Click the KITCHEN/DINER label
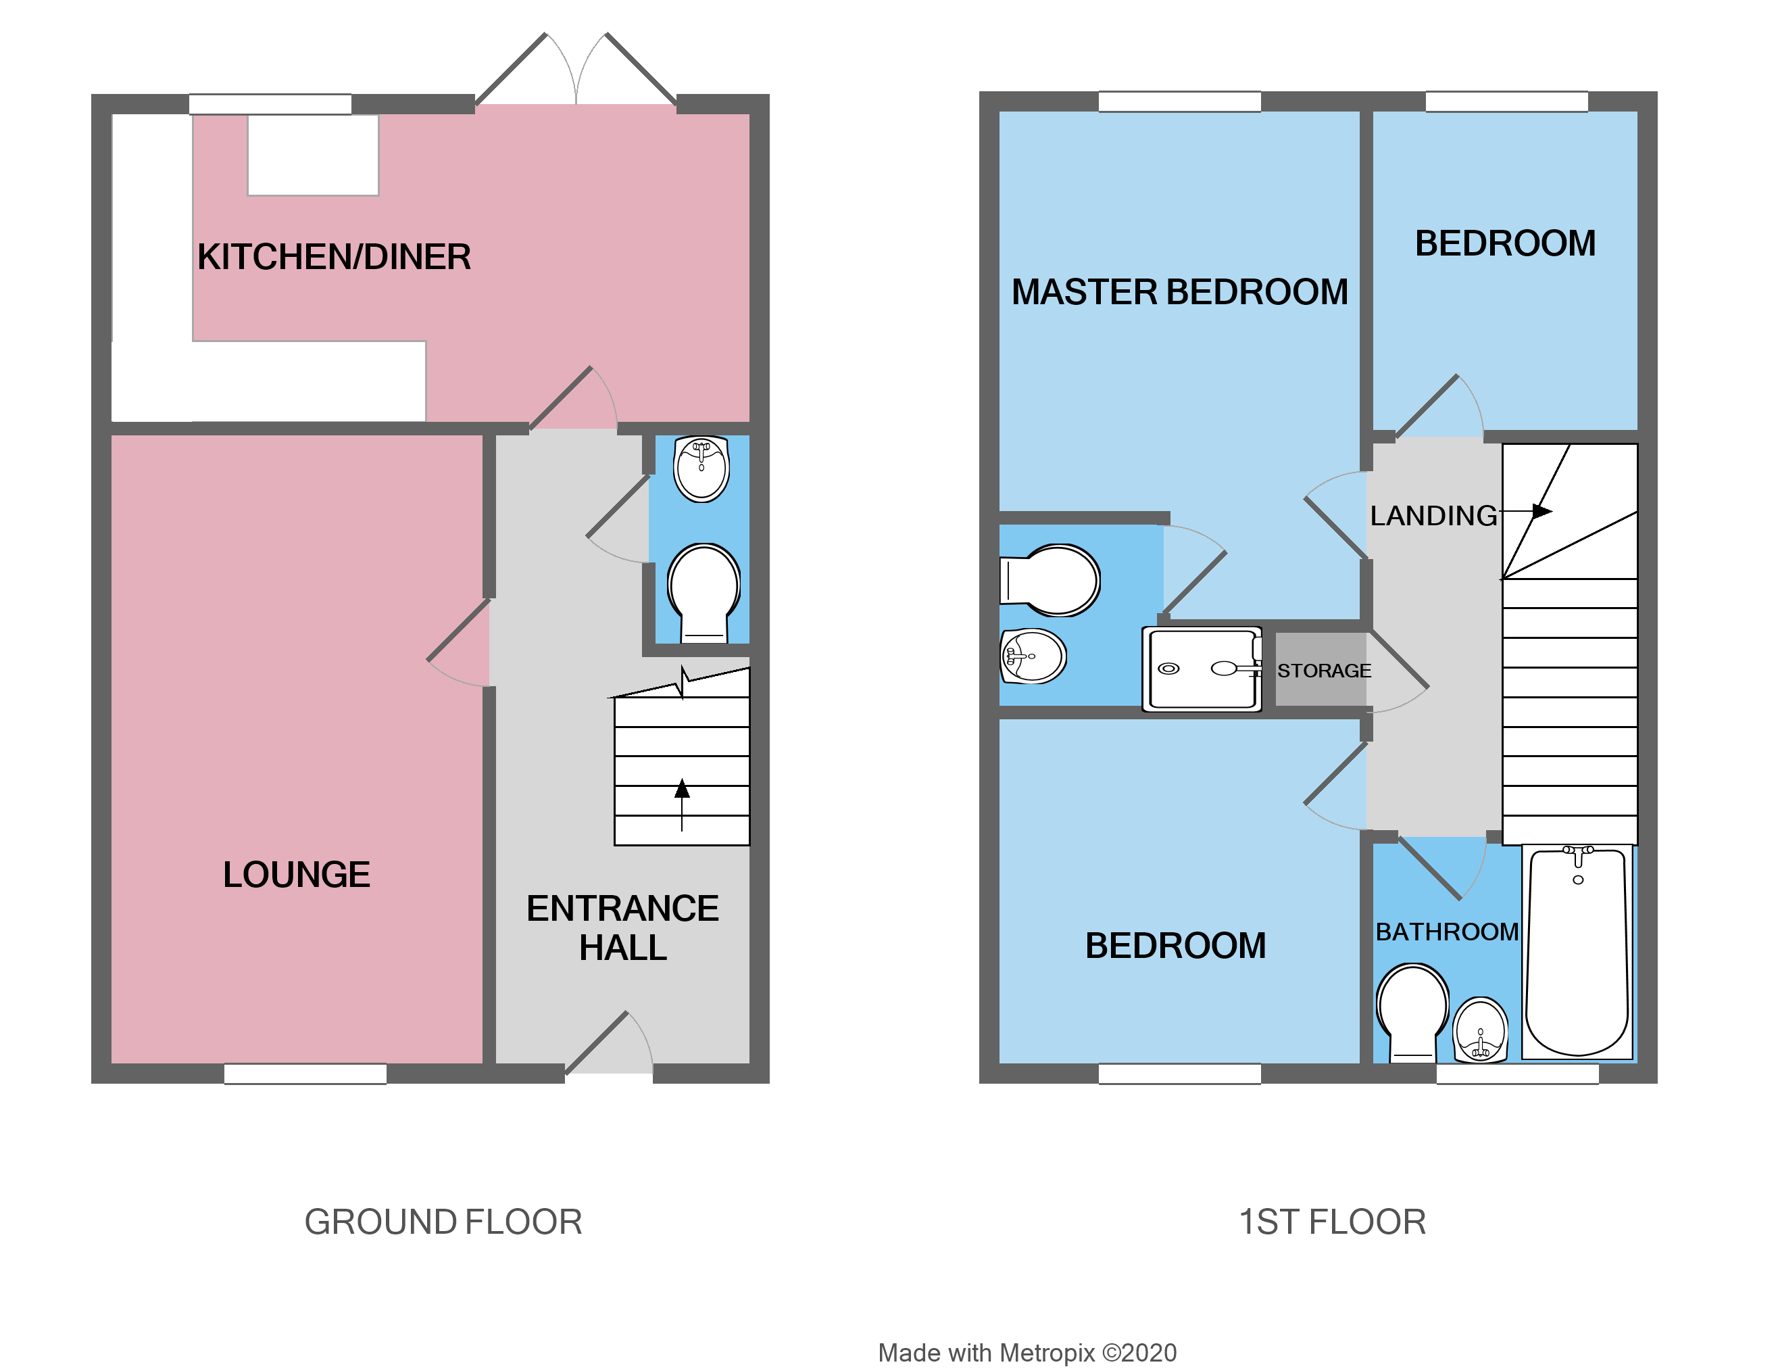click(x=333, y=257)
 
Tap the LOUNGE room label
click(x=296, y=875)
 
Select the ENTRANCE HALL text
click(x=622, y=928)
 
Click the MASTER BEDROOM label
click(x=1179, y=292)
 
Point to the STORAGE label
click(x=1324, y=671)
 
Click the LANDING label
click(x=1433, y=516)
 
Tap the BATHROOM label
click(x=1447, y=932)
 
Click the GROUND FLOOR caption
click(x=443, y=1222)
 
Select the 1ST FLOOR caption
click(x=1332, y=1222)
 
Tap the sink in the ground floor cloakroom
click(x=701, y=468)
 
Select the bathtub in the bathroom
click(x=1577, y=952)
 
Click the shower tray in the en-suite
click(x=1202, y=669)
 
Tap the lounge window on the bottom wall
click(x=305, y=1074)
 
